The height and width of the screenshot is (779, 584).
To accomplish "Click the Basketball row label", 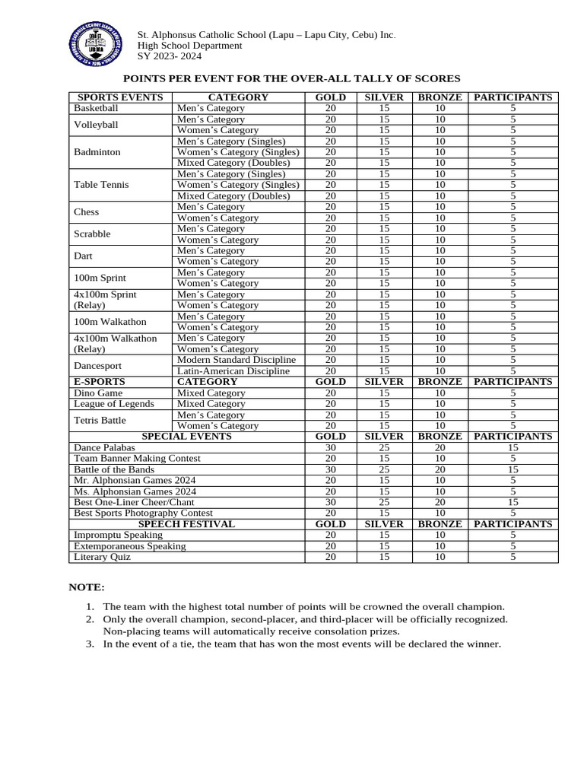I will click(96, 108).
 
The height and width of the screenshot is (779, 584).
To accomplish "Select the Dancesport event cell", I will click(97, 365).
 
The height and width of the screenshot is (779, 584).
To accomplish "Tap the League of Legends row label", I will click(113, 404).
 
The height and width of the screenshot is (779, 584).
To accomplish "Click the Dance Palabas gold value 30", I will click(330, 448).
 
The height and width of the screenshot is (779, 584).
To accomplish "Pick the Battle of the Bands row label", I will click(113, 469).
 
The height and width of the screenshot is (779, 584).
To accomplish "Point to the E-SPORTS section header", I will click(99, 382).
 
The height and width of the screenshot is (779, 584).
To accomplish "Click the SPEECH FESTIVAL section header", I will click(186, 524).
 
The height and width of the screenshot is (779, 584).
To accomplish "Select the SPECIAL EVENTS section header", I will click(186, 437).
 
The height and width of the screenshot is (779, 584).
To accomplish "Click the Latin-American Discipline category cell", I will click(233, 371).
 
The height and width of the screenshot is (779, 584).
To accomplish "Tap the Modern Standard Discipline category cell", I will click(236, 360).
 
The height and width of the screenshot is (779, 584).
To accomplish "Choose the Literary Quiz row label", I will click(102, 557).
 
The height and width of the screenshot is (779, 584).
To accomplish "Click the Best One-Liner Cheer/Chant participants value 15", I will click(513, 502).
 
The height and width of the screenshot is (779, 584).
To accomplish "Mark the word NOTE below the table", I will click(87, 587).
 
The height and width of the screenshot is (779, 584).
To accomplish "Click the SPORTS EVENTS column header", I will click(120, 97).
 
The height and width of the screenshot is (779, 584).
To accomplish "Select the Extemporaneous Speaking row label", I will click(129, 546).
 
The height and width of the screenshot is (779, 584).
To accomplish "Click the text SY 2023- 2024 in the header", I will click(169, 57).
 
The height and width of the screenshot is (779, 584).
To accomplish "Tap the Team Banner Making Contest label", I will click(137, 459).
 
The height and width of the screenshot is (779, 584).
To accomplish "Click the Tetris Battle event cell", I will click(100, 420).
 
